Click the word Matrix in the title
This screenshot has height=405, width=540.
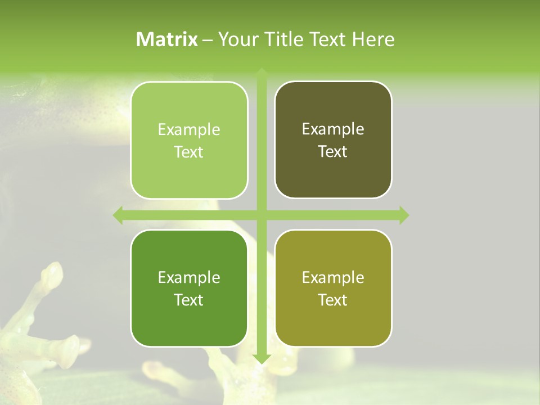tap(167, 39)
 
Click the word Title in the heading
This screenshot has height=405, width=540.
tap(284, 39)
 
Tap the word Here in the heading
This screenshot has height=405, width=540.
tap(373, 39)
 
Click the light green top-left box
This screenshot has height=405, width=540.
tap(189, 141)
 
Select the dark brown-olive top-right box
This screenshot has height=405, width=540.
tap(333, 140)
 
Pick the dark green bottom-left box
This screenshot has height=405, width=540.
tap(189, 288)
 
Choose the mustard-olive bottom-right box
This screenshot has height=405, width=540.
tap(333, 288)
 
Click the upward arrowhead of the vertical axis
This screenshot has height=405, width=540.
tap(261, 72)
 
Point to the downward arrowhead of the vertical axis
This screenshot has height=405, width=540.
tap(261, 359)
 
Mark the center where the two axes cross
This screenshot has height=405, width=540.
tap(261, 215)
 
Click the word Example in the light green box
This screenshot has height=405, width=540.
tap(189, 130)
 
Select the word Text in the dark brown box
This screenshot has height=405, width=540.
tap(333, 151)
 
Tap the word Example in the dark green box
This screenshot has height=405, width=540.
tap(189, 277)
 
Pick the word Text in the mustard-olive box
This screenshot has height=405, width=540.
tap(333, 300)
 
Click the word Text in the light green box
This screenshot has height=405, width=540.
tap(189, 152)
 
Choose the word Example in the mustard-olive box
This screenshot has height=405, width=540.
tap(333, 277)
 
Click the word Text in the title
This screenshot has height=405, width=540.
tap(328, 39)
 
